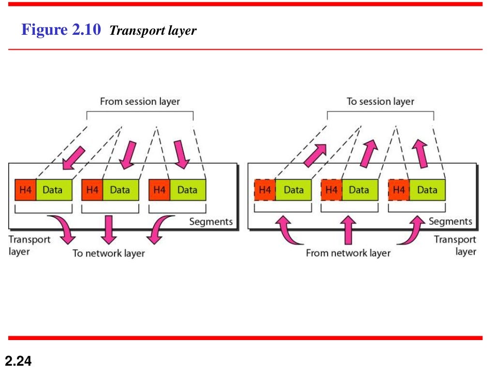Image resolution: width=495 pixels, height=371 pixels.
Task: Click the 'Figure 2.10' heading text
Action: coord(61,30)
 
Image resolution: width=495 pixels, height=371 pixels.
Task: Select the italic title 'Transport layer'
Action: coord(153,31)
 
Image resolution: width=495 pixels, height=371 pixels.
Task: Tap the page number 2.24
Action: coord(18,360)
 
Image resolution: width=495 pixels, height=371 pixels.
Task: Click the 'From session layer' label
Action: coord(140,101)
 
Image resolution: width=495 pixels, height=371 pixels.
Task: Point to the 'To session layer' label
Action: coord(380,101)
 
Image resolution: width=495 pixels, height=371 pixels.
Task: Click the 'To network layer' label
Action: coord(109,253)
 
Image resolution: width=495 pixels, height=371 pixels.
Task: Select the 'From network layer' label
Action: coord(348,253)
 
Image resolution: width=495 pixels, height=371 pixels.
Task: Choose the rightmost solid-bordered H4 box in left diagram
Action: coord(160,190)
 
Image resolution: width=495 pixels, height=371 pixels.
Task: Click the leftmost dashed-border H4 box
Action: coord(265,190)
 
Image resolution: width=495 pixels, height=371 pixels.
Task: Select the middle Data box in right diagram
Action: coord(359,190)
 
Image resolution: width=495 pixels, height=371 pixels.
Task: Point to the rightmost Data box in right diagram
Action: coord(427,190)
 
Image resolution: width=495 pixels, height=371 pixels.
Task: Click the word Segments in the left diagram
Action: coord(211,222)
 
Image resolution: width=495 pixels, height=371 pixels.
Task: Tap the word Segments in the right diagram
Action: coord(450,221)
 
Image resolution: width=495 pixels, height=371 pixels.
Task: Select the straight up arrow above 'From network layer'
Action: coord(348,229)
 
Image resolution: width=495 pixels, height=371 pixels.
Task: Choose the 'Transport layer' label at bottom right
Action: coord(455,245)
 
